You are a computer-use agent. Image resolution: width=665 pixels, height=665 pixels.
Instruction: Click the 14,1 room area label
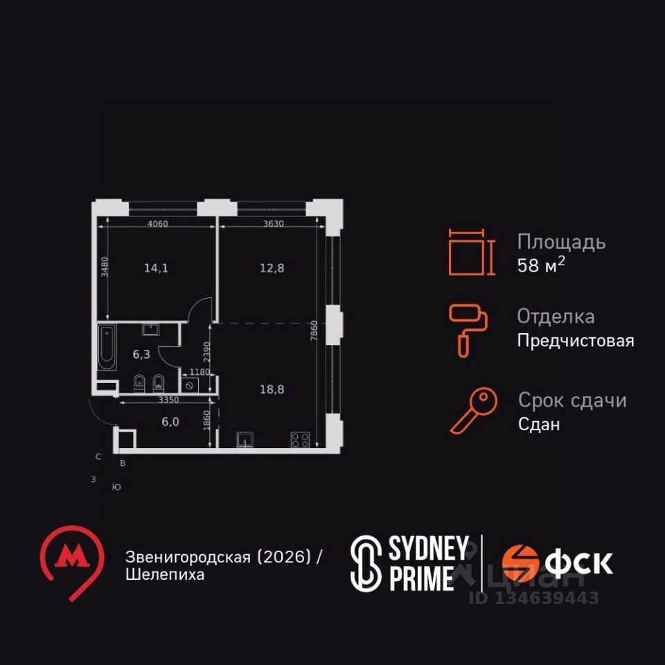[x=156, y=268]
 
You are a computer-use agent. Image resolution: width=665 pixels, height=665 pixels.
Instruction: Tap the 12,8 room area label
[x=272, y=268]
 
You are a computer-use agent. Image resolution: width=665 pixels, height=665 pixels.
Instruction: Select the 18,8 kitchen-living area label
[x=272, y=389]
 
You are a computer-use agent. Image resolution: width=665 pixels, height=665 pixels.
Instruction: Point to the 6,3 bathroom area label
[x=141, y=354]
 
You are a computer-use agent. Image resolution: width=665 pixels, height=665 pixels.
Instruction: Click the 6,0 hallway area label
[x=170, y=422]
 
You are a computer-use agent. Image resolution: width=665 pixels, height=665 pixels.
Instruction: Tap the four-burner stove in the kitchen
[x=300, y=440]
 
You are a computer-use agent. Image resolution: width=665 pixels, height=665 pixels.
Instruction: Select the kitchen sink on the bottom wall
[x=245, y=440]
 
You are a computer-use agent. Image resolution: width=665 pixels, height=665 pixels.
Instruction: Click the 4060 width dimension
[x=158, y=224]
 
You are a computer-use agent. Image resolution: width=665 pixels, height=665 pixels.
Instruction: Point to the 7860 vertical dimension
[x=313, y=331]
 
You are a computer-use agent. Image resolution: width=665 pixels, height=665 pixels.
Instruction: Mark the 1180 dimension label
[x=199, y=372]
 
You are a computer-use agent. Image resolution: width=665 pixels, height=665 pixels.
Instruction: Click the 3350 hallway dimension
[x=168, y=400]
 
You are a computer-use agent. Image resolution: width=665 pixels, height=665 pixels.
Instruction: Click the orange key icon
[x=474, y=411]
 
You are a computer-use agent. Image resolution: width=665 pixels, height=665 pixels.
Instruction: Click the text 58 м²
[x=541, y=265]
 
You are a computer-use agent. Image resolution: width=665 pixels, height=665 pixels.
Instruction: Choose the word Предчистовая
[x=576, y=341]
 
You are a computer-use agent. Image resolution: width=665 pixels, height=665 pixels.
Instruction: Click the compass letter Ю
[x=116, y=487]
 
